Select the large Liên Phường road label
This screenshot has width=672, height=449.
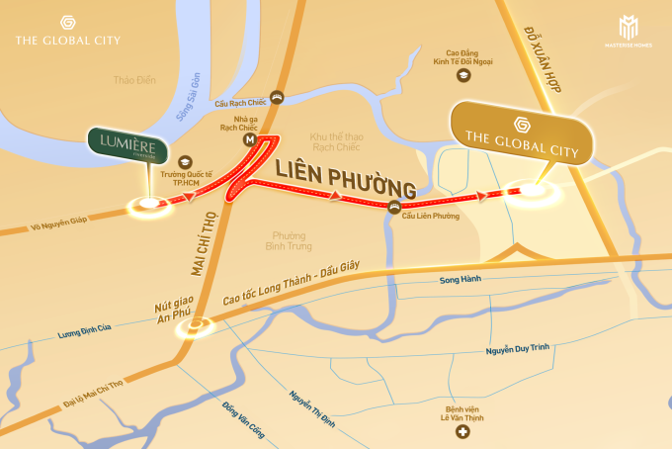point(345,176)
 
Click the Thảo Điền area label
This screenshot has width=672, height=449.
point(136,81)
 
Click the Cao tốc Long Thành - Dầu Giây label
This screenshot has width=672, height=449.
point(288,289)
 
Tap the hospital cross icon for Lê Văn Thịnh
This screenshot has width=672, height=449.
point(461,432)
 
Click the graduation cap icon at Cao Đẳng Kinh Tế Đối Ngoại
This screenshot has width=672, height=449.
point(462,75)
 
